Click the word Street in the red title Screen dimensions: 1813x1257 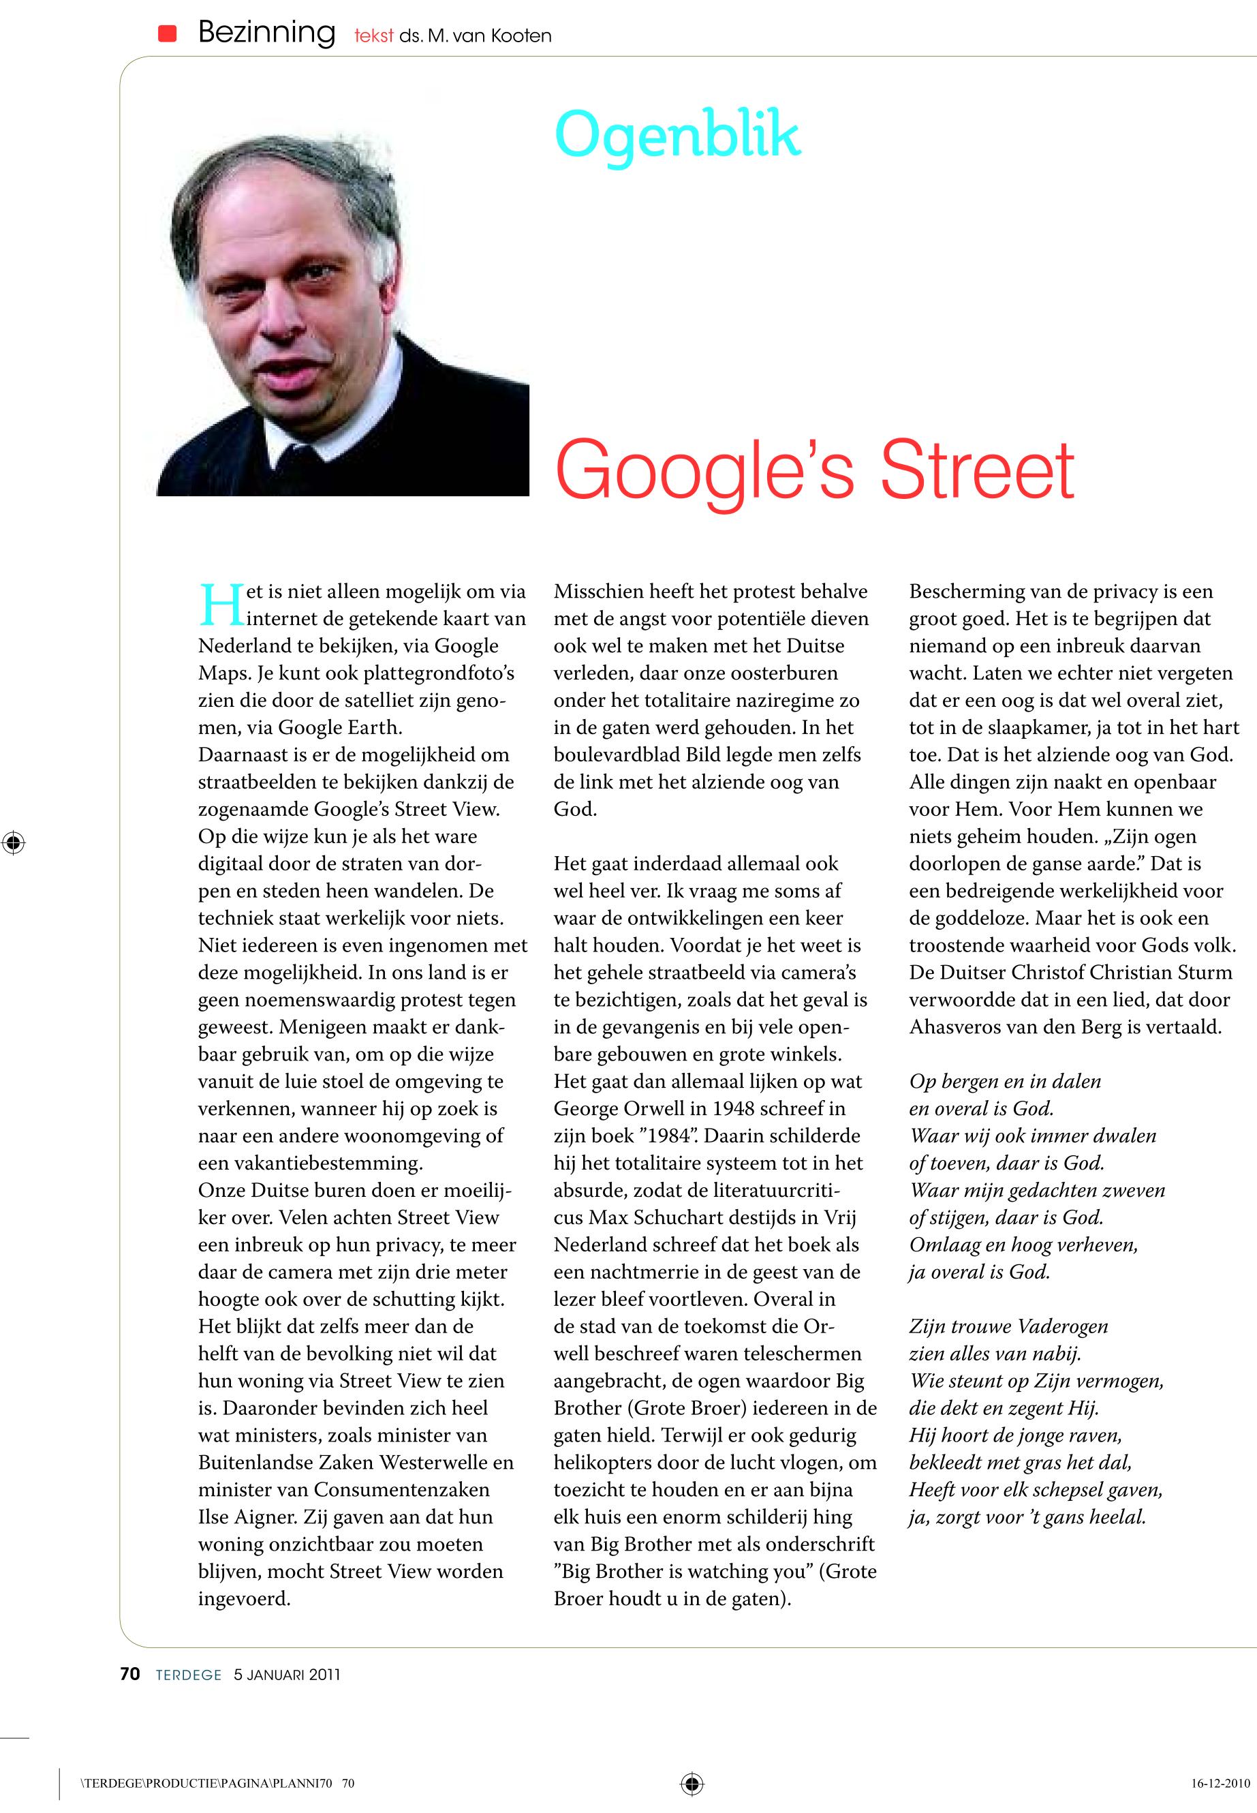pos(976,470)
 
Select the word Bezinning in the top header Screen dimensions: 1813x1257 pos(266,33)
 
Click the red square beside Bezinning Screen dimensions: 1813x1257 pos(167,33)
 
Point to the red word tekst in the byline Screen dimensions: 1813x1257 pos(373,36)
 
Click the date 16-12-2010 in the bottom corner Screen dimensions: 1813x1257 pos(1220,1783)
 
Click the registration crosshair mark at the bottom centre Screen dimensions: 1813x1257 pos(692,1782)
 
